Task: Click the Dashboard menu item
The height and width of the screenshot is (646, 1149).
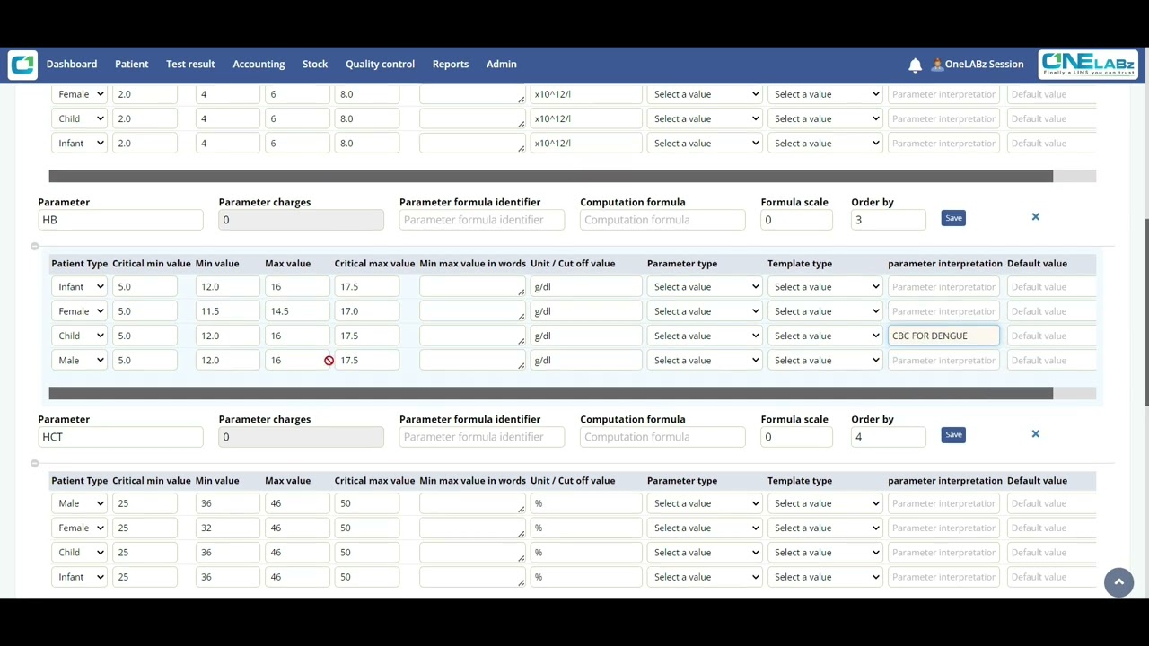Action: click(x=72, y=65)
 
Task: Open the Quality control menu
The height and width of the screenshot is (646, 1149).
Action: click(x=380, y=65)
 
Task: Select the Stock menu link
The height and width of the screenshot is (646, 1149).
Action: click(x=315, y=65)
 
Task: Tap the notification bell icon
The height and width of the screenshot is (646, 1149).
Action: click(x=915, y=65)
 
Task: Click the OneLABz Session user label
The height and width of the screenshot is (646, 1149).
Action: click(x=983, y=65)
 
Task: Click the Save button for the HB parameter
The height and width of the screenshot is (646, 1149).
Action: click(x=953, y=218)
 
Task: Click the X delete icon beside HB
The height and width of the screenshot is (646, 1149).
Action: click(x=1035, y=217)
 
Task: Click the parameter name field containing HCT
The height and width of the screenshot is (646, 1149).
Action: click(x=120, y=437)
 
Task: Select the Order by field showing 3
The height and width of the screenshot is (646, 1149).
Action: click(x=887, y=220)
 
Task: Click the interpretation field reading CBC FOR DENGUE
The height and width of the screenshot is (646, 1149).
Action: click(x=943, y=336)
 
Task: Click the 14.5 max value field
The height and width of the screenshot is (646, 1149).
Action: click(x=296, y=311)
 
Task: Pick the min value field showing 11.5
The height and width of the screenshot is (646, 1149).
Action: click(x=226, y=311)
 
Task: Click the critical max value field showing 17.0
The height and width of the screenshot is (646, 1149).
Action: click(x=366, y=311)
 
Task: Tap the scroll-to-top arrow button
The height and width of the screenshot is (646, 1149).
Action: click(x=1118, y=582)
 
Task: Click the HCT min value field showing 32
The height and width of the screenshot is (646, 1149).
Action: click(x=226, y=528)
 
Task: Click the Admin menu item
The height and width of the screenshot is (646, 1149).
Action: click(x=502, y=65)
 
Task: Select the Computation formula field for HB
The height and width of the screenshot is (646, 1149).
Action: click(x=662, y=220)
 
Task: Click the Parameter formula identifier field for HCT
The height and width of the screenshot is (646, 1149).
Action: click(x=481, y=437)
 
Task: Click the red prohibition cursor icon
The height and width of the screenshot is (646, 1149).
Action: click(x=329, y=361)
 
